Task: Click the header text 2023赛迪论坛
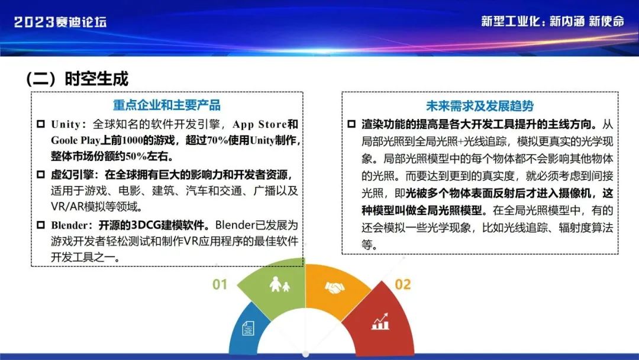point(60,21)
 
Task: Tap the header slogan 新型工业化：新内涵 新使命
point(552,21)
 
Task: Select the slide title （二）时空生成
point(77,78)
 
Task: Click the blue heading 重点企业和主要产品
point(167,105)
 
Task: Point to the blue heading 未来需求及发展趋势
point(480,105)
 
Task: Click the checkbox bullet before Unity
point(41,124)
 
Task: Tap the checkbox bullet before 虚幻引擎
point(41,175)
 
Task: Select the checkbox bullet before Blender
point(41,224)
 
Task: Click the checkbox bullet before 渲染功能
point(351,124)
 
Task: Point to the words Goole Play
point(75,141)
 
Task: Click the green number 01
point(220,284)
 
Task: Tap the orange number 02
point(403,284)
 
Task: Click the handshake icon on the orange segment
point(334,288)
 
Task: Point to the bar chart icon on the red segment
point(380,322)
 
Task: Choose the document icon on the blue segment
point(248,328)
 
